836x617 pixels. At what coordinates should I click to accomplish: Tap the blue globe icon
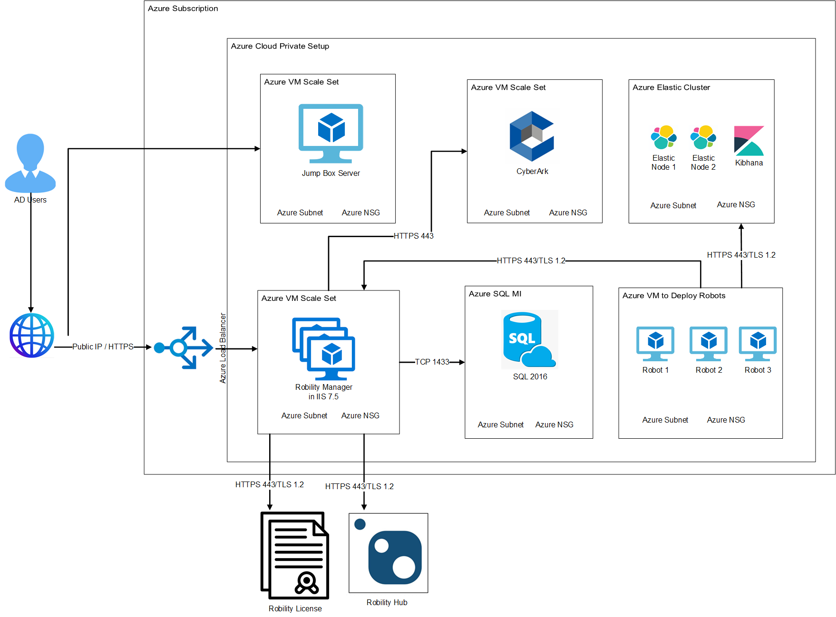(32, 335)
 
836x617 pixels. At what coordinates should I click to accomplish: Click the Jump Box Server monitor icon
(331, 133)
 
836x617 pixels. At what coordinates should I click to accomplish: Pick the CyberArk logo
(532, 136)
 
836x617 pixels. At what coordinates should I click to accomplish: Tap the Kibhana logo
(749, 141)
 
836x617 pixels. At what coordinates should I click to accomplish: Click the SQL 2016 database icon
(529, 339)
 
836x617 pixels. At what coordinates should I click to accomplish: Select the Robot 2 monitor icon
(709, 343)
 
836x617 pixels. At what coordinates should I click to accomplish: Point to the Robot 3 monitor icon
(758, 343)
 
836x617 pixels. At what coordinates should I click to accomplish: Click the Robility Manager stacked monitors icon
(324, 348)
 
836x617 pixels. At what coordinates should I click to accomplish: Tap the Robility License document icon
(295, 555)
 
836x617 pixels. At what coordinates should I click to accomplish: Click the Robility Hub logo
(389, 553)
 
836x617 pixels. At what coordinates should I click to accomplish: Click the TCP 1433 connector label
(432, 362)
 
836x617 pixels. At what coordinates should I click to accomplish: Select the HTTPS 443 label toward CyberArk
(413, 236)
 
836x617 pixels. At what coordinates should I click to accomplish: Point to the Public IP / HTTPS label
(103, 347)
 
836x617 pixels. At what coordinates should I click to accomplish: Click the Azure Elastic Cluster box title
(671, 87)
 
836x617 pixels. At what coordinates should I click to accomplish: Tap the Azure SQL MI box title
(495, 294)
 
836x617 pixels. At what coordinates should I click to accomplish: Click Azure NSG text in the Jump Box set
(360, 212)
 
